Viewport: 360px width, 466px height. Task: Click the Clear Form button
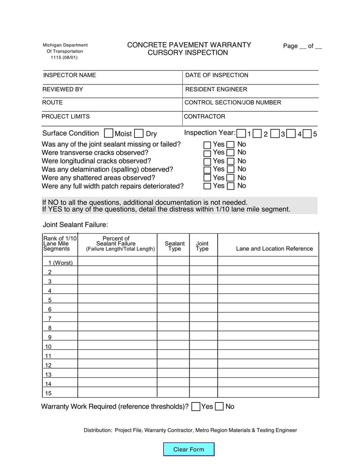pyautogui.click(x=189, y=449)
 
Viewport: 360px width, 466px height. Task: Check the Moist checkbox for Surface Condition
pyautogui.click(x=108, y=133)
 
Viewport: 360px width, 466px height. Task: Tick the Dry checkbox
pyautogui.click(x=139, y=133)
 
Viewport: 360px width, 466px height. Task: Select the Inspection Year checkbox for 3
pyautogui.click(x=274, y=133)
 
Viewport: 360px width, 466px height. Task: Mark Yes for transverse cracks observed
pyautogui.click(x=207, y=153)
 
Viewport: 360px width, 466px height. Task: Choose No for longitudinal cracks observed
pyautogui.click(x=230, y=161)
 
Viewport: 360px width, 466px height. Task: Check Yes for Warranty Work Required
pyautogui.click(x=196, y=407)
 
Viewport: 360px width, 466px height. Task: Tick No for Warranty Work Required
pyautogui.click(x=219, y=407)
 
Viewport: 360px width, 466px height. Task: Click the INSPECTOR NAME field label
pyautogui.click(x=69, y=75)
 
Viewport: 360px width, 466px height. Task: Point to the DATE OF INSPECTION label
pyautogui.click(x=217, y=75)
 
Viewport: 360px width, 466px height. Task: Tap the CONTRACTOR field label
pyautogui.click(x=205, y=117)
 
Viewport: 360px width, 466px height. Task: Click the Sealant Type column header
pyautogui.click(x=175, y=246)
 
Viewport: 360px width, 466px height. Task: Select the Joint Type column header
pyautogui.click(x=202, y=246)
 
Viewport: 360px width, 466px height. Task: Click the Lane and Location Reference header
pyautogui.click(x=274, y=249)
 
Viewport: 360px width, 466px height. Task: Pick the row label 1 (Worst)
pyautogui.click(x=60, y=263)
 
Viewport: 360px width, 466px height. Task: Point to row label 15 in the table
pyautogui.click(x=49, y=393)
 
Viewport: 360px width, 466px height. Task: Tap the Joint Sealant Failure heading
pyautogui.click(x=75, y=225)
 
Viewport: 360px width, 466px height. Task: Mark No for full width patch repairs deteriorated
pyautogui.click(x=230, y=186)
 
